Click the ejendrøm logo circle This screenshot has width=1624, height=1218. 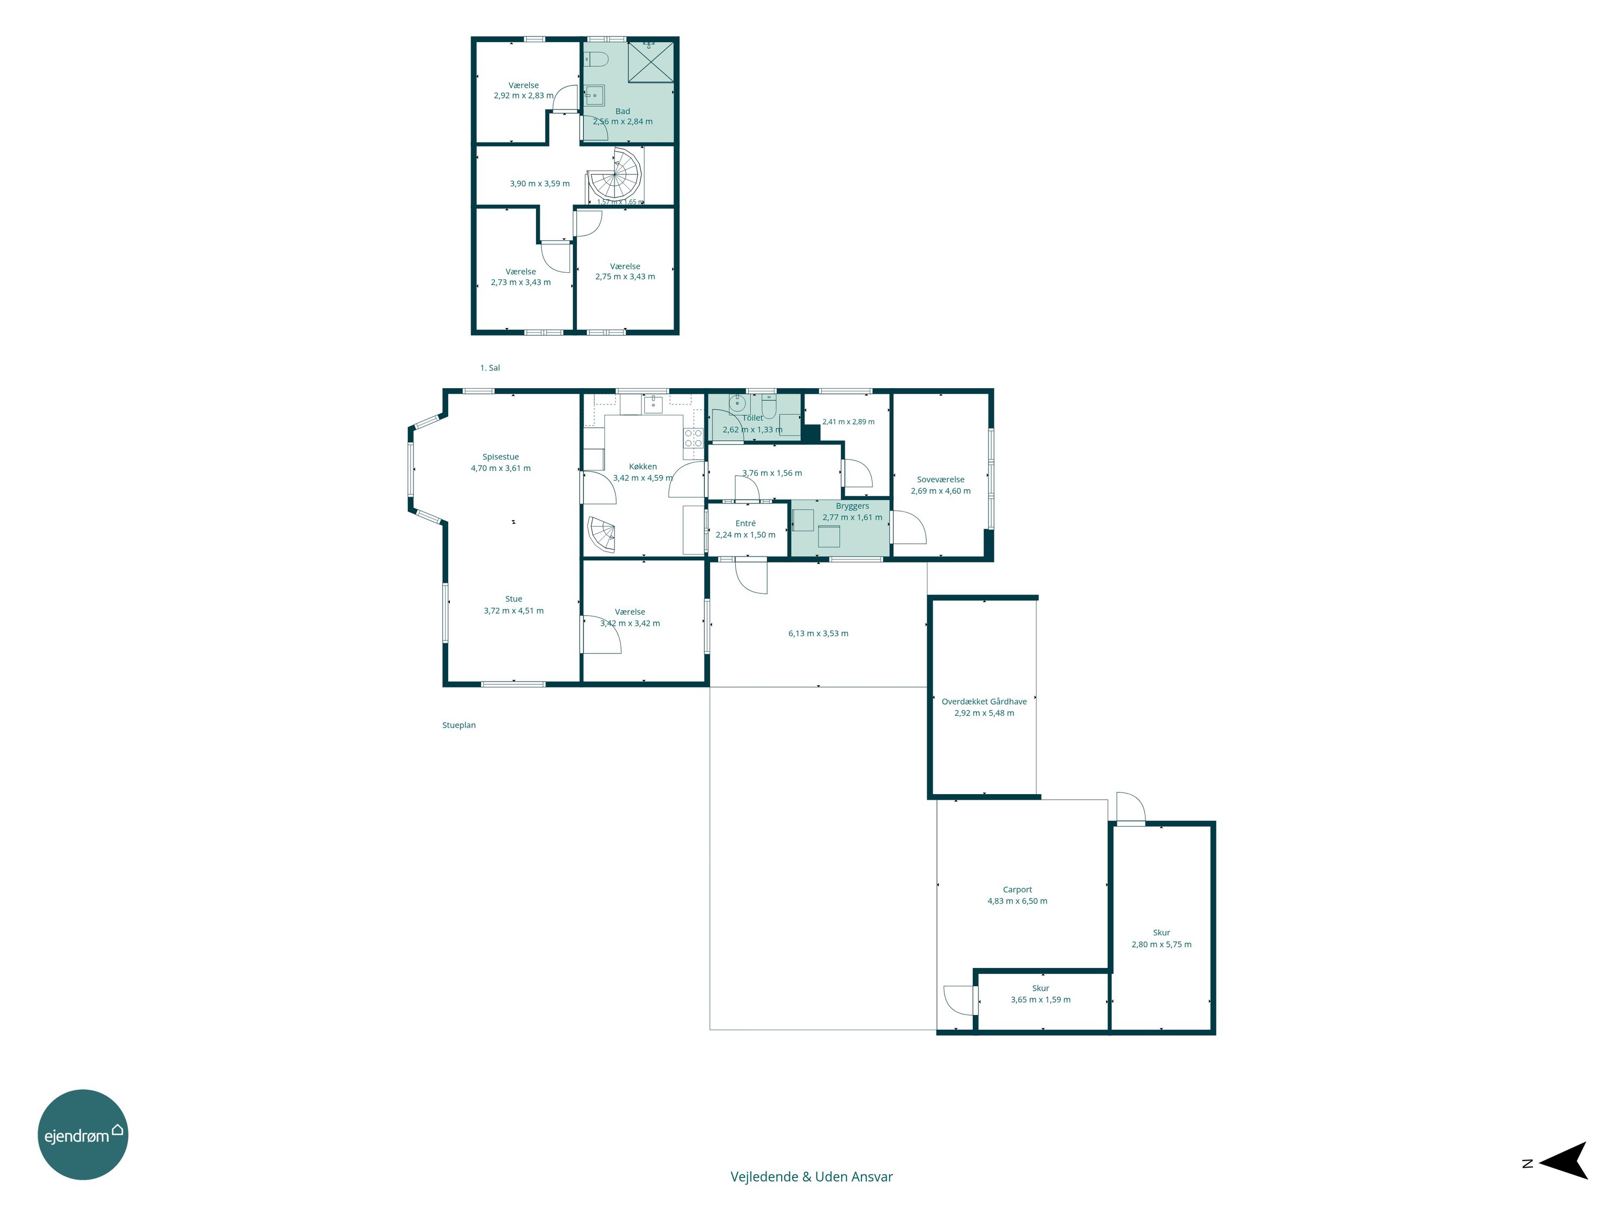83,1134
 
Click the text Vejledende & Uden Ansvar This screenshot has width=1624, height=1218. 811,1177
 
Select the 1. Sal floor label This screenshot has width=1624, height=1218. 490,368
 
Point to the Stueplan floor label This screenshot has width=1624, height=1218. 459,725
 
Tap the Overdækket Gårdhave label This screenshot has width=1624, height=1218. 984,702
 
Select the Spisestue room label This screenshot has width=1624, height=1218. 501,457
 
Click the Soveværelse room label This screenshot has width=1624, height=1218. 940,480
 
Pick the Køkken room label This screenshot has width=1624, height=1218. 643,466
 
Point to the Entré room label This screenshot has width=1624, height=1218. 745,523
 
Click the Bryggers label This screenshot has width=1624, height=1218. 853,506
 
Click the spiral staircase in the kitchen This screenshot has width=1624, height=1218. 602,534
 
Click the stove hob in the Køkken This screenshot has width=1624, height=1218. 693,438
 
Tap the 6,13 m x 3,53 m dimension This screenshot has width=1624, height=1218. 818,633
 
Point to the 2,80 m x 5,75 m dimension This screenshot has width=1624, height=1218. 1162,944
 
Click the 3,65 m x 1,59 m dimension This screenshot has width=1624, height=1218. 1040,999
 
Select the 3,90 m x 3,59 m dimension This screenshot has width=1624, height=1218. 540,184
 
